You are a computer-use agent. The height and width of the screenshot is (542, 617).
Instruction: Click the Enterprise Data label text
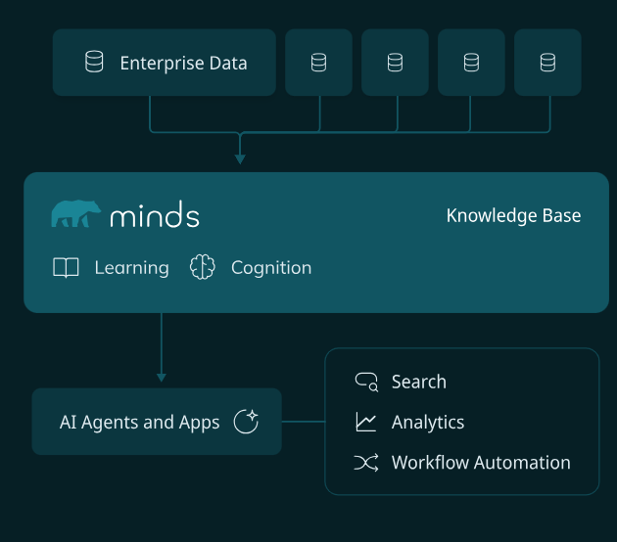pyautogui.click(x=183, y=64)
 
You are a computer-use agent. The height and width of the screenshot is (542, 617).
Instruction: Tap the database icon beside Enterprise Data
pyautogui.click(x=94, y=63)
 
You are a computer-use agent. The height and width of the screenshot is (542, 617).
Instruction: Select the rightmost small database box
pyautogui.click(x=547, y=63)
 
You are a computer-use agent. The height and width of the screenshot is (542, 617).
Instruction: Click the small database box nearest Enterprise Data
pyautogui.click(x=318, y=63)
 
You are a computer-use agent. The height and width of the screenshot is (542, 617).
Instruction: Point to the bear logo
pyautogui.click(x=75, y=213)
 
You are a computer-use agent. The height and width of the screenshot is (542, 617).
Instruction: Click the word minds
pyautogui.click(x=155, y=215)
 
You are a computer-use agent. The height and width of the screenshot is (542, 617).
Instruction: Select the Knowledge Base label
pyautogui.click(x=513, y=215)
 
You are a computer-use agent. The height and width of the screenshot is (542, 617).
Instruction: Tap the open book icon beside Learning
pyautogui.click(x=66, y=268)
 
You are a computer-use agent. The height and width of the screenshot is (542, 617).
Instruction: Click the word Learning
pyautogui.click(x=131, y=268)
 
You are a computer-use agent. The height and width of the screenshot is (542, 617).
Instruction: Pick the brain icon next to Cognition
pyautogui.click(x=202, y=268)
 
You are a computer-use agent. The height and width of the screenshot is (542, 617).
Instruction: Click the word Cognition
pyautogui.click(x=271, y=268)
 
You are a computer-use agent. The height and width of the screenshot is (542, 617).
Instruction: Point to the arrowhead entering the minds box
pyautogui.click(x=239, y=158)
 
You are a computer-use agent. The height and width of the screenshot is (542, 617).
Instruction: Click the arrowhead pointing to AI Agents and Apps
pyautogui.click(x=162, y=376)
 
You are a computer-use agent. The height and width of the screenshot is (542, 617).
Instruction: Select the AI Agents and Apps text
pyautogui.click(x=140, y=423)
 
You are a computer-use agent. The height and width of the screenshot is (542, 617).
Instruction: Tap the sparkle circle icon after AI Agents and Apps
pyautogui.click(x=246, y=422)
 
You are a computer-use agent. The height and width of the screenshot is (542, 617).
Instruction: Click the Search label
pyautogui.click(x=418, y=382)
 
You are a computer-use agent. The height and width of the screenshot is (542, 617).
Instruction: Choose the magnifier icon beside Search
pyautogui.click(x=366, y=382)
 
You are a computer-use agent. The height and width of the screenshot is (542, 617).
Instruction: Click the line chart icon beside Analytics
pyautogui.click(x=366, y=423)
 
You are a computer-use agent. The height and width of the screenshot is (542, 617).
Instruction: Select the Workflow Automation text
pyautogui.click(x=481, y=463)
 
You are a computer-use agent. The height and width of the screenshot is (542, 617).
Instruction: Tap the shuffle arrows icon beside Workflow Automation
pyautogui.click(x=366, y=463)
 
